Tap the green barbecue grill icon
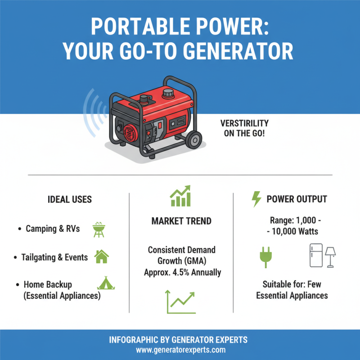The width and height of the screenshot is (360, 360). click(98, 229)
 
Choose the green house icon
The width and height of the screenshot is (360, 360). click(101, 256)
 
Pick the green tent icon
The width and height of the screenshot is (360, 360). click(104, 283)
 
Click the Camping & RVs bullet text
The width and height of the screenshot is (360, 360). click(53, 229)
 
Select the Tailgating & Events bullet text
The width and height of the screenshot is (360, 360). click(54, 257)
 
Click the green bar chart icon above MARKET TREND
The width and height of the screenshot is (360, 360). click(180, 197)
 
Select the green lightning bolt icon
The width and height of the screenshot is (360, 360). click(256, 199)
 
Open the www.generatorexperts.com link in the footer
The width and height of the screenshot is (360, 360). click(180, 350)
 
